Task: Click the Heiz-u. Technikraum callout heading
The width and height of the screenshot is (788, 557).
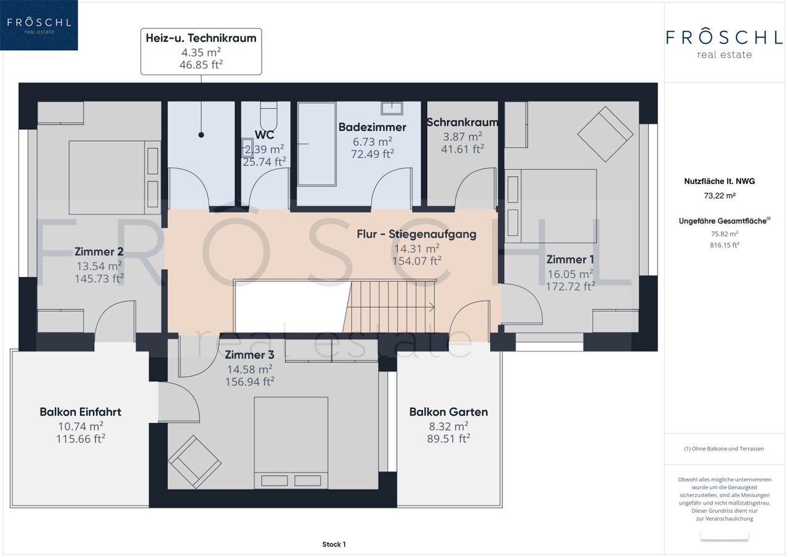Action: coord(201,38)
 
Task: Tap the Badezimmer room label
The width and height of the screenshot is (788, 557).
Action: coord(372,127)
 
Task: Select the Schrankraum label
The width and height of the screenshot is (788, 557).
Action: coord(462,122)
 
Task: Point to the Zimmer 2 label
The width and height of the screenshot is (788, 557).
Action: coord(99,252)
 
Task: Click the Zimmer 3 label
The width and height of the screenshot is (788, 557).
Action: coord(249,355)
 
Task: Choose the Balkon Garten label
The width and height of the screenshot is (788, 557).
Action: coord(449,412)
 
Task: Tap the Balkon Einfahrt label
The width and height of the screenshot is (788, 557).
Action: coord(81,412)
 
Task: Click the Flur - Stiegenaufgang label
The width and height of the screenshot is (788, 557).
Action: coord(417,234)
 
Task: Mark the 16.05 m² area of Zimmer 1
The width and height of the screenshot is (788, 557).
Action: coord(570,274)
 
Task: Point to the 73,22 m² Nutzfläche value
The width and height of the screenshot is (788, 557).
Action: coord(720,196)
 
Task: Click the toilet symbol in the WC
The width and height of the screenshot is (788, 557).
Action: coord(268,116)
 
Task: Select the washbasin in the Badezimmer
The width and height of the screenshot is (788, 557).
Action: coord(392,108)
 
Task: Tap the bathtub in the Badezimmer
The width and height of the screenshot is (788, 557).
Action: coord(316,144)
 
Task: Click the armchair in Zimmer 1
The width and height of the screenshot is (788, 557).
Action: coord(605,134)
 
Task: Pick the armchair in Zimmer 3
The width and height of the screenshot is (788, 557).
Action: coord(195,462)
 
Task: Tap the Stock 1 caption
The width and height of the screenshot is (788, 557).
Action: coord(334,544)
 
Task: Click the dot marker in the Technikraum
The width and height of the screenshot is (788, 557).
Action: coord(201,135)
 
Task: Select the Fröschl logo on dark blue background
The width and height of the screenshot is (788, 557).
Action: coord(39,25)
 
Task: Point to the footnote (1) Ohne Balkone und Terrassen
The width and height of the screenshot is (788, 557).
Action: coord(724,449)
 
